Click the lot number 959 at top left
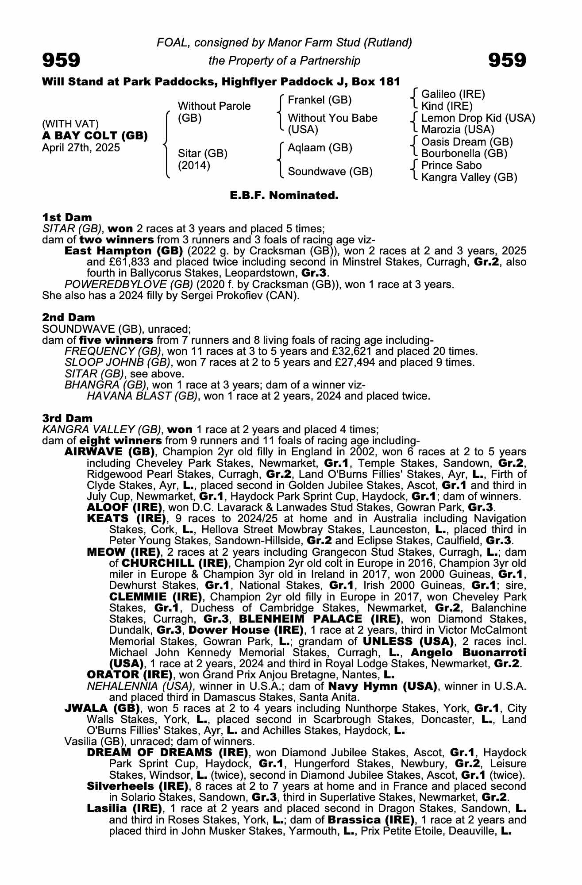point(61,60)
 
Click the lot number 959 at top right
point(507,60)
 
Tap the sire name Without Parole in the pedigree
point(214,106)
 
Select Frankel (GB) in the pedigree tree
point(320,100)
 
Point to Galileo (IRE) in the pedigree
point(453,94)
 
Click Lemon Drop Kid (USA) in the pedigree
point(478,118)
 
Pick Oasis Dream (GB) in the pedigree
point(467,142)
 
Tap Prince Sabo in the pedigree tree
point(451,165)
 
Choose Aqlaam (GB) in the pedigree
point(320,148)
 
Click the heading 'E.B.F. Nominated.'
point(284,195)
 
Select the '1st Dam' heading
point(67,217)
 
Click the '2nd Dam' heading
point(69,317)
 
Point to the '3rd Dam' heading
point(68,418)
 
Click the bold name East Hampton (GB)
point(123,251)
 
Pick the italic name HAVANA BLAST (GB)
point(142,396)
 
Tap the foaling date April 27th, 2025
point(81,148)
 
